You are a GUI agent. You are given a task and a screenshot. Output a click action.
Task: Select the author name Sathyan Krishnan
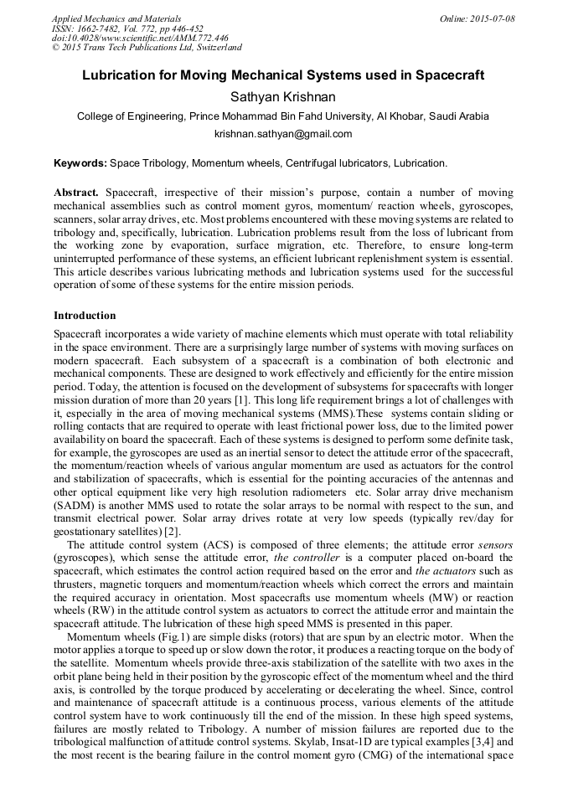coord(283,97)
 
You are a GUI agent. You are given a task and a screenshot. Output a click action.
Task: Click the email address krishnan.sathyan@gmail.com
coord(283,134)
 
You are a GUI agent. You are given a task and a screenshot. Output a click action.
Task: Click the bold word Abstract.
coord(77,193)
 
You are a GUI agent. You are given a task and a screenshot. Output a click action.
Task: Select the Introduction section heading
coord(85,316)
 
